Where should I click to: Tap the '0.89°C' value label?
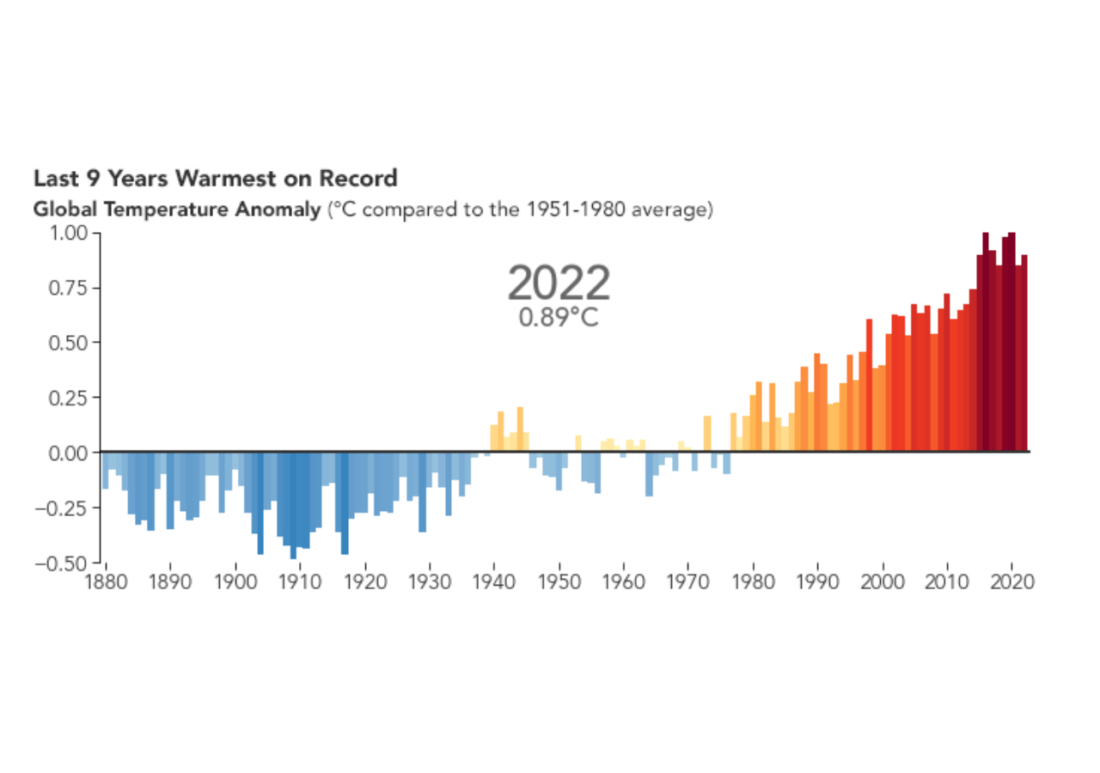point(559,318)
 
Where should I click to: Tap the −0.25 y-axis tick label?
point(64,507)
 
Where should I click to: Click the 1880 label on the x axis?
point(106,580)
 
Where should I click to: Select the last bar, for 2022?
point(1024,352)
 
